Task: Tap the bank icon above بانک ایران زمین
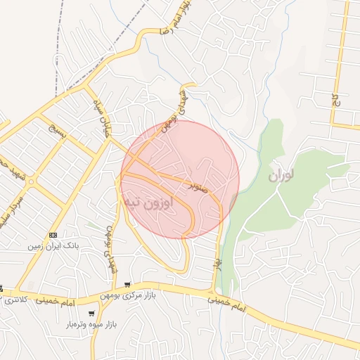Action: [53, 234]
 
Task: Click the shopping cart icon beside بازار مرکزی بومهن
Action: [127, 285]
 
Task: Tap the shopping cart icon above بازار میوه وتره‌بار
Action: [91, 314]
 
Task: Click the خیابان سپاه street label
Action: [103, 116]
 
